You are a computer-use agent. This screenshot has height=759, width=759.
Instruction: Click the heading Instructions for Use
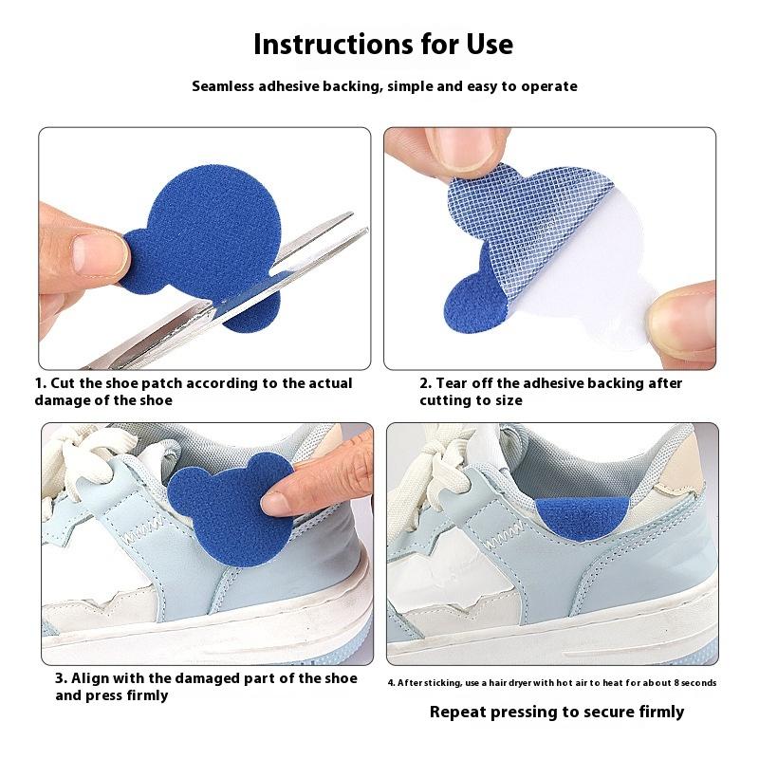[x=383, y=44]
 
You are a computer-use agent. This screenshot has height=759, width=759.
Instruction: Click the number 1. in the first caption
[x=41, y=383]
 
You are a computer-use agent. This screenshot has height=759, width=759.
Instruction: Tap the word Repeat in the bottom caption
[x=453, y=713]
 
